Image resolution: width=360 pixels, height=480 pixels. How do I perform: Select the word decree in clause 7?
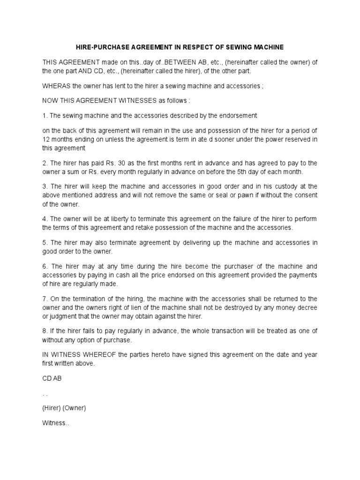click(x=307, y=307)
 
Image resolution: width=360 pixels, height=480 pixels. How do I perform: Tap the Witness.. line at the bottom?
click(x=56, y=423)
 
